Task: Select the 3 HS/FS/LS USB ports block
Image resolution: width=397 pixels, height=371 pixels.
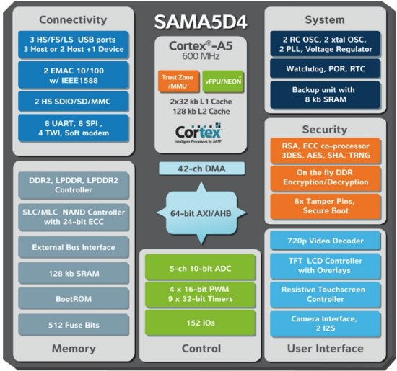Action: point(72,43)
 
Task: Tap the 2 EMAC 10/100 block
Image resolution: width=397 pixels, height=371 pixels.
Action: point(72,74)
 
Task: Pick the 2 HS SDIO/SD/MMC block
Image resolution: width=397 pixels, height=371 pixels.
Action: point(72,103)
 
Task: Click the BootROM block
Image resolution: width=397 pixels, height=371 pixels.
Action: point(72,297)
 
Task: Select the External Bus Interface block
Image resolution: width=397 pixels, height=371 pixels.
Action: point(72,247)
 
